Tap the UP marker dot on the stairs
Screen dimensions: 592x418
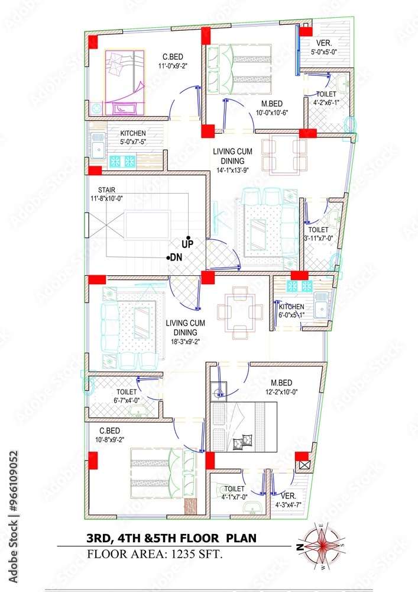click(188, 237)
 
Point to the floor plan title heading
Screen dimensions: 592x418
click(172, 539)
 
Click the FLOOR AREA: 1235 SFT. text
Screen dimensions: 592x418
click(155, 555)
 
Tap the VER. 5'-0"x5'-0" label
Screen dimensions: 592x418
click(323, 47)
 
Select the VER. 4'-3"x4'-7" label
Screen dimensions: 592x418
click(289, 500)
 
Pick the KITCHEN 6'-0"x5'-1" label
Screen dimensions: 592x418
click(291, 310)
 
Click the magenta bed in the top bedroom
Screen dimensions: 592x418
click(125, 81)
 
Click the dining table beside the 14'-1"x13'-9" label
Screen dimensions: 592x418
click(284, 155)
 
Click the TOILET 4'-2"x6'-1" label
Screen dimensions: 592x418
click(326, 98)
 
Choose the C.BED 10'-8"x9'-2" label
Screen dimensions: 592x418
click(112, 435)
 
